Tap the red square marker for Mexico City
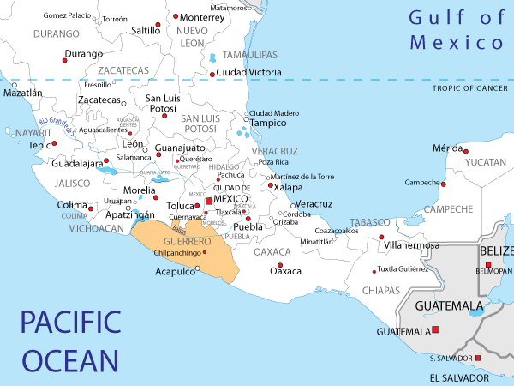click(x=208, y=200)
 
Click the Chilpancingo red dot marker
click(x=206, y=252)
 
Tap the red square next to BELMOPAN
click(x=488, y=264)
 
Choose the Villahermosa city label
click(x=413, y=245)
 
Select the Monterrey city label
click(x=203, y=17)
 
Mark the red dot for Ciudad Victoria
click(x=212, y=75)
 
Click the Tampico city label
click(x=267, y=123)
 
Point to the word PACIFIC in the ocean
click(x=71, y=323)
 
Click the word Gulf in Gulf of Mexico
click(x=429, y=17)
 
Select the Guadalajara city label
click(x=77, y=163)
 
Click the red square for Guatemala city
click(x=435, y=330)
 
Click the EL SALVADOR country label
click(x=459, y=377)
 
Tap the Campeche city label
click(x=422, y=182)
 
